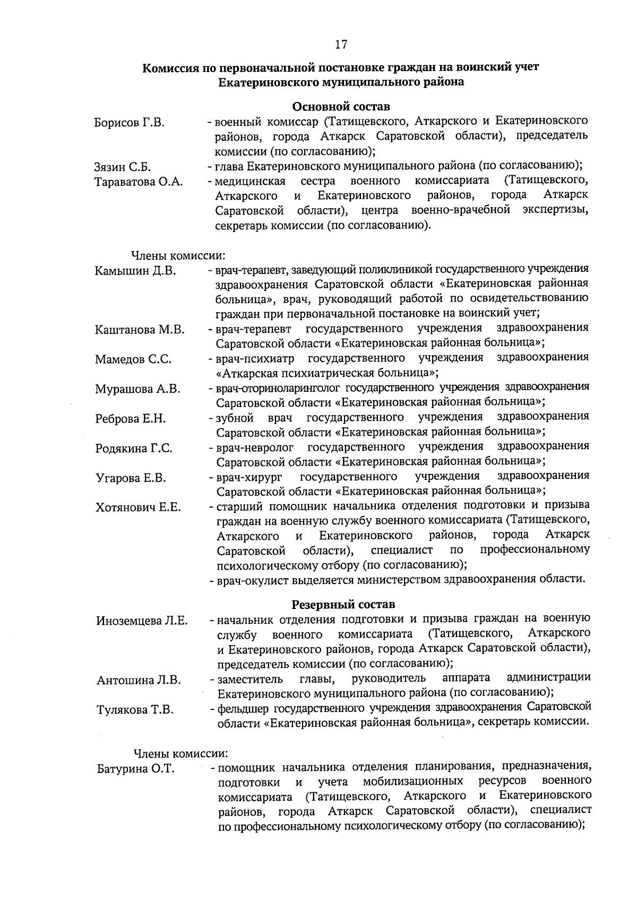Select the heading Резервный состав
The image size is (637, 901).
(x=343, y=604)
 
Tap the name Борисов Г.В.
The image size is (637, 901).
(x=129, y=123)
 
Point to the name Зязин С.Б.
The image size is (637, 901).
(x=123, y=168)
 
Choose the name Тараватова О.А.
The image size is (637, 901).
(x=139, y=182)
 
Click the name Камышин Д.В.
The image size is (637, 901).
(x=135, y=271)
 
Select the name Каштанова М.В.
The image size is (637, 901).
(x=140, y=330)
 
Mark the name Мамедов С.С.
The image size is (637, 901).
(x=133, y=359)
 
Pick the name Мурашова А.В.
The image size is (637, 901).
(x=137, y=389)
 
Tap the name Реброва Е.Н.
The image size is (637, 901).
(x=131, y=419)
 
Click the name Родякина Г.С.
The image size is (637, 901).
(x=134, y=449)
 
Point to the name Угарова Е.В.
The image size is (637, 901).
(x=131, y=478)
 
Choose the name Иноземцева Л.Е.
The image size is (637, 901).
(x=142, y=621)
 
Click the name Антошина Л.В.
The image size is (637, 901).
(x=139, y=680)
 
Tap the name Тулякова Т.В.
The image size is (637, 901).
(x=135, y=710)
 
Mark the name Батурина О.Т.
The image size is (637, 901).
(x=136, y=769)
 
